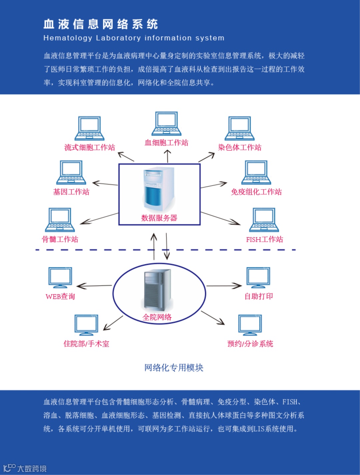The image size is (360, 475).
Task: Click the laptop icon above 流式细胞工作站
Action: pos(89,128)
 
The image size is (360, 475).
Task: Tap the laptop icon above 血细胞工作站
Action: pos(166,124)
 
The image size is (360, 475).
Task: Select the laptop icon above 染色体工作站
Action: pos(239,128)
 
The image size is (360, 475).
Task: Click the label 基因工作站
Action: pos(71,192)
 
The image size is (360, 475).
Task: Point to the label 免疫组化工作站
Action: pos(256,192)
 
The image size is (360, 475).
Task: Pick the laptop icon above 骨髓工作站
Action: pos(60,220)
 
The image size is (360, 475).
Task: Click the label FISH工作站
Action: pos(264,239)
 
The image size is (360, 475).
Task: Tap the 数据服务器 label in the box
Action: pos(159,218)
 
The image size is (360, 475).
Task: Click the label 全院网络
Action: pos(157,317)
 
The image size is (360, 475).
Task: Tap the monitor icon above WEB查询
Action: pos(60,277)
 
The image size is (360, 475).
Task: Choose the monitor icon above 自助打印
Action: pos(258,277)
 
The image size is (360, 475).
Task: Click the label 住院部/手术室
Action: pos(86,344)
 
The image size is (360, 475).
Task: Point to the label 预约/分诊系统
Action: pos(250,344)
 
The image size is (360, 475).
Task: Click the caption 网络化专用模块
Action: pos(174,368)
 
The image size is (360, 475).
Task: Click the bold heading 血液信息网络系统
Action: pos(101,24)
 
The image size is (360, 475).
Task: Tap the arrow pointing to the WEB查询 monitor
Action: pos(94,286)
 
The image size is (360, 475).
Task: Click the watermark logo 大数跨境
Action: pos(25,468)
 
